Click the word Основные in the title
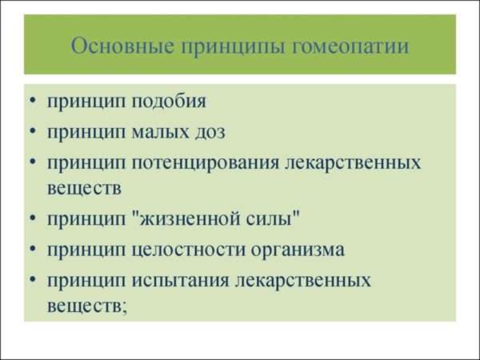pyautogui.click(x=122, y=46)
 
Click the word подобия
pyautogui.click(x=169, y=100)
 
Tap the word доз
pyautogui.click(x=210, y=132)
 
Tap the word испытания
pyautogui.click(x=180, y=281)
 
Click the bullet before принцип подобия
pyautogui.click(x=33, y=100)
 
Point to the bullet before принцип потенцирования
pyautogui.click(x=33, y=162)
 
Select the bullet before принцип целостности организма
pyautogui.click(x=33, y=248)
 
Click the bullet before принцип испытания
pyautogui.click(x=33, y=279)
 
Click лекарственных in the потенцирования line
pyautogui.click(x=353, y=163)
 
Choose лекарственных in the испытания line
pyautogui.click(x=303, y=281)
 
